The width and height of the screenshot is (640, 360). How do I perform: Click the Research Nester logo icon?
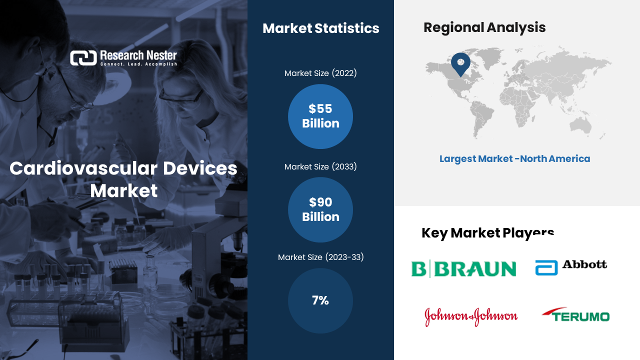coord(83,58)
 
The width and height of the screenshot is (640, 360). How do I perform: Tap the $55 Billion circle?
coord(320,116)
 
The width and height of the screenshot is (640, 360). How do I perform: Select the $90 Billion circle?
coord(320,209)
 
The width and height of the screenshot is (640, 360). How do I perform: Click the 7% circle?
coord(320,300)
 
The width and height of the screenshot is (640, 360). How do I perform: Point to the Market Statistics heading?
coord(321,28)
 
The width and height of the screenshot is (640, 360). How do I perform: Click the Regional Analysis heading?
coord(484,27)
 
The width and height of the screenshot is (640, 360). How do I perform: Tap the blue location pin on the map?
coord(460,63)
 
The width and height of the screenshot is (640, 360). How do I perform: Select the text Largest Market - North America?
coord(514,159)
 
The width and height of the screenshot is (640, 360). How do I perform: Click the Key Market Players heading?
coord(487,233)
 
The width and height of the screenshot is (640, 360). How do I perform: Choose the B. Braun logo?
coord(463,269)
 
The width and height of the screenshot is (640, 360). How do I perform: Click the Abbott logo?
coord(571,267)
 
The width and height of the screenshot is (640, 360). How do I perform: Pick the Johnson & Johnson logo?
coord(471,316)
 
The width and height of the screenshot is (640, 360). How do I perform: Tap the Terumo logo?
coord(575,314)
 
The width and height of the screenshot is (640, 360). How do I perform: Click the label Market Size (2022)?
coord(320,73)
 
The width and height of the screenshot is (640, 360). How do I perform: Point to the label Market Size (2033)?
coord(320,167)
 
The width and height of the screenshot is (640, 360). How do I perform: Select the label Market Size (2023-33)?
coord(321,257)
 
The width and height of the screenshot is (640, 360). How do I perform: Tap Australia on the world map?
coord(580,125)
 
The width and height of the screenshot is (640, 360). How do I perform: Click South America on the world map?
coord(481,117)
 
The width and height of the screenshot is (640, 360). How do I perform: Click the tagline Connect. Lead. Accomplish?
coord(138,64)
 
